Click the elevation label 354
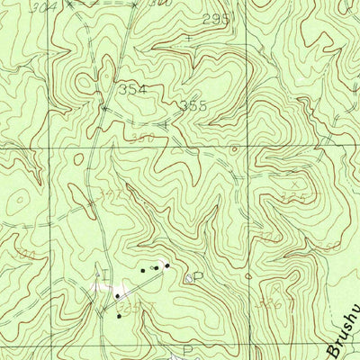131,89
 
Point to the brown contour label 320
267,237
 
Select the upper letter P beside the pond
197,277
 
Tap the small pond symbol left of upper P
186,278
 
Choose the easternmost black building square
166,265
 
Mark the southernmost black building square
118,316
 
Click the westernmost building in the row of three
142,269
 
